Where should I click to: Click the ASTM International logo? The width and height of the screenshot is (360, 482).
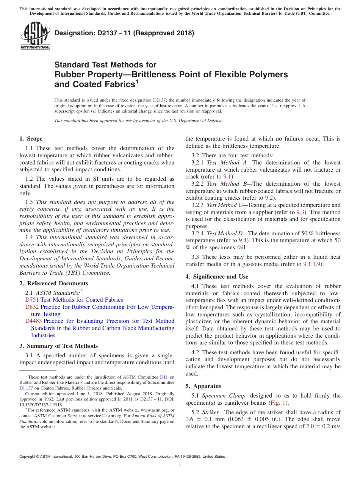click(35, 36)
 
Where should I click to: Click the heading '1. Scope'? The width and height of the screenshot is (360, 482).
click(31, 139)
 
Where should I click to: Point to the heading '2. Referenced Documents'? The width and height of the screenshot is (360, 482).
click(54, 283)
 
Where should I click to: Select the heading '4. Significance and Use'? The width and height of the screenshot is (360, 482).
click(217, 277)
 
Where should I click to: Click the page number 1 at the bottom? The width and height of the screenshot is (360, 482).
click(180, 465)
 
